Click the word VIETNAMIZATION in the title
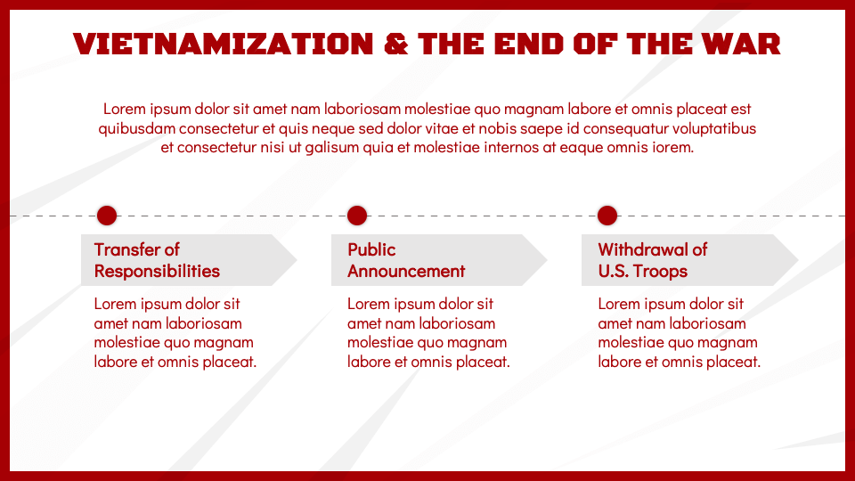223,45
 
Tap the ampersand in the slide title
395,45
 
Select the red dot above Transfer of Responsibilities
107,216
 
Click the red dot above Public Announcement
357,216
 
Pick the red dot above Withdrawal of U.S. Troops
607,216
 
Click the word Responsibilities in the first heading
157,271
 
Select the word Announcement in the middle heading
406,271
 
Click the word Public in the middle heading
371,249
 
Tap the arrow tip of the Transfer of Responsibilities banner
297,260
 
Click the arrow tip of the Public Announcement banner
548,260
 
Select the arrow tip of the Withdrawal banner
798,260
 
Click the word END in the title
528,45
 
